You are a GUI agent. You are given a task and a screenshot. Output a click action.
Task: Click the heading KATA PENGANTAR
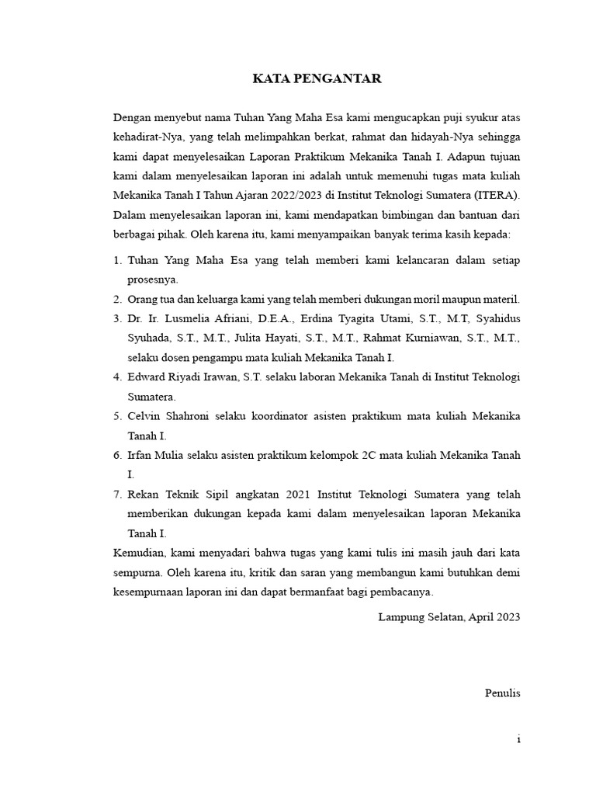(317, 78)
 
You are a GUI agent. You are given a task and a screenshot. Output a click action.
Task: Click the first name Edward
(149, 377)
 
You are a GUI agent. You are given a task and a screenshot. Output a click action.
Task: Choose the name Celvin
(146, 416)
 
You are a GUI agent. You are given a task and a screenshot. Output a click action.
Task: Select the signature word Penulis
(502, 693)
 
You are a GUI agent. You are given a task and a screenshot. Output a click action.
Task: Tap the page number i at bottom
(518, 740)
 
